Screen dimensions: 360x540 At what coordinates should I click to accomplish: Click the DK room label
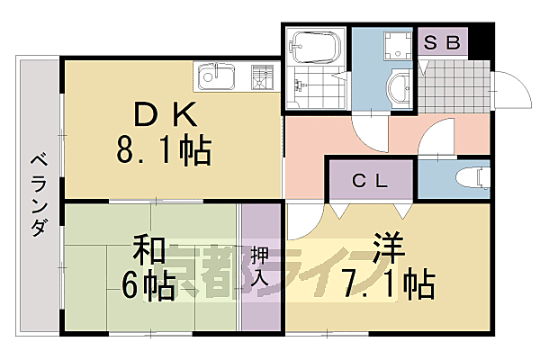[x=166, y=114]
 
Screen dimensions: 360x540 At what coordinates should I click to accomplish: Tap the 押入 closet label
[x=260, y=266]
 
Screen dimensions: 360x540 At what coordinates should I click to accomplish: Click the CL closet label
[x=370, y=180]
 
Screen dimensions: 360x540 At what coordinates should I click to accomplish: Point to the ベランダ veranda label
[x=38, y=194]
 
